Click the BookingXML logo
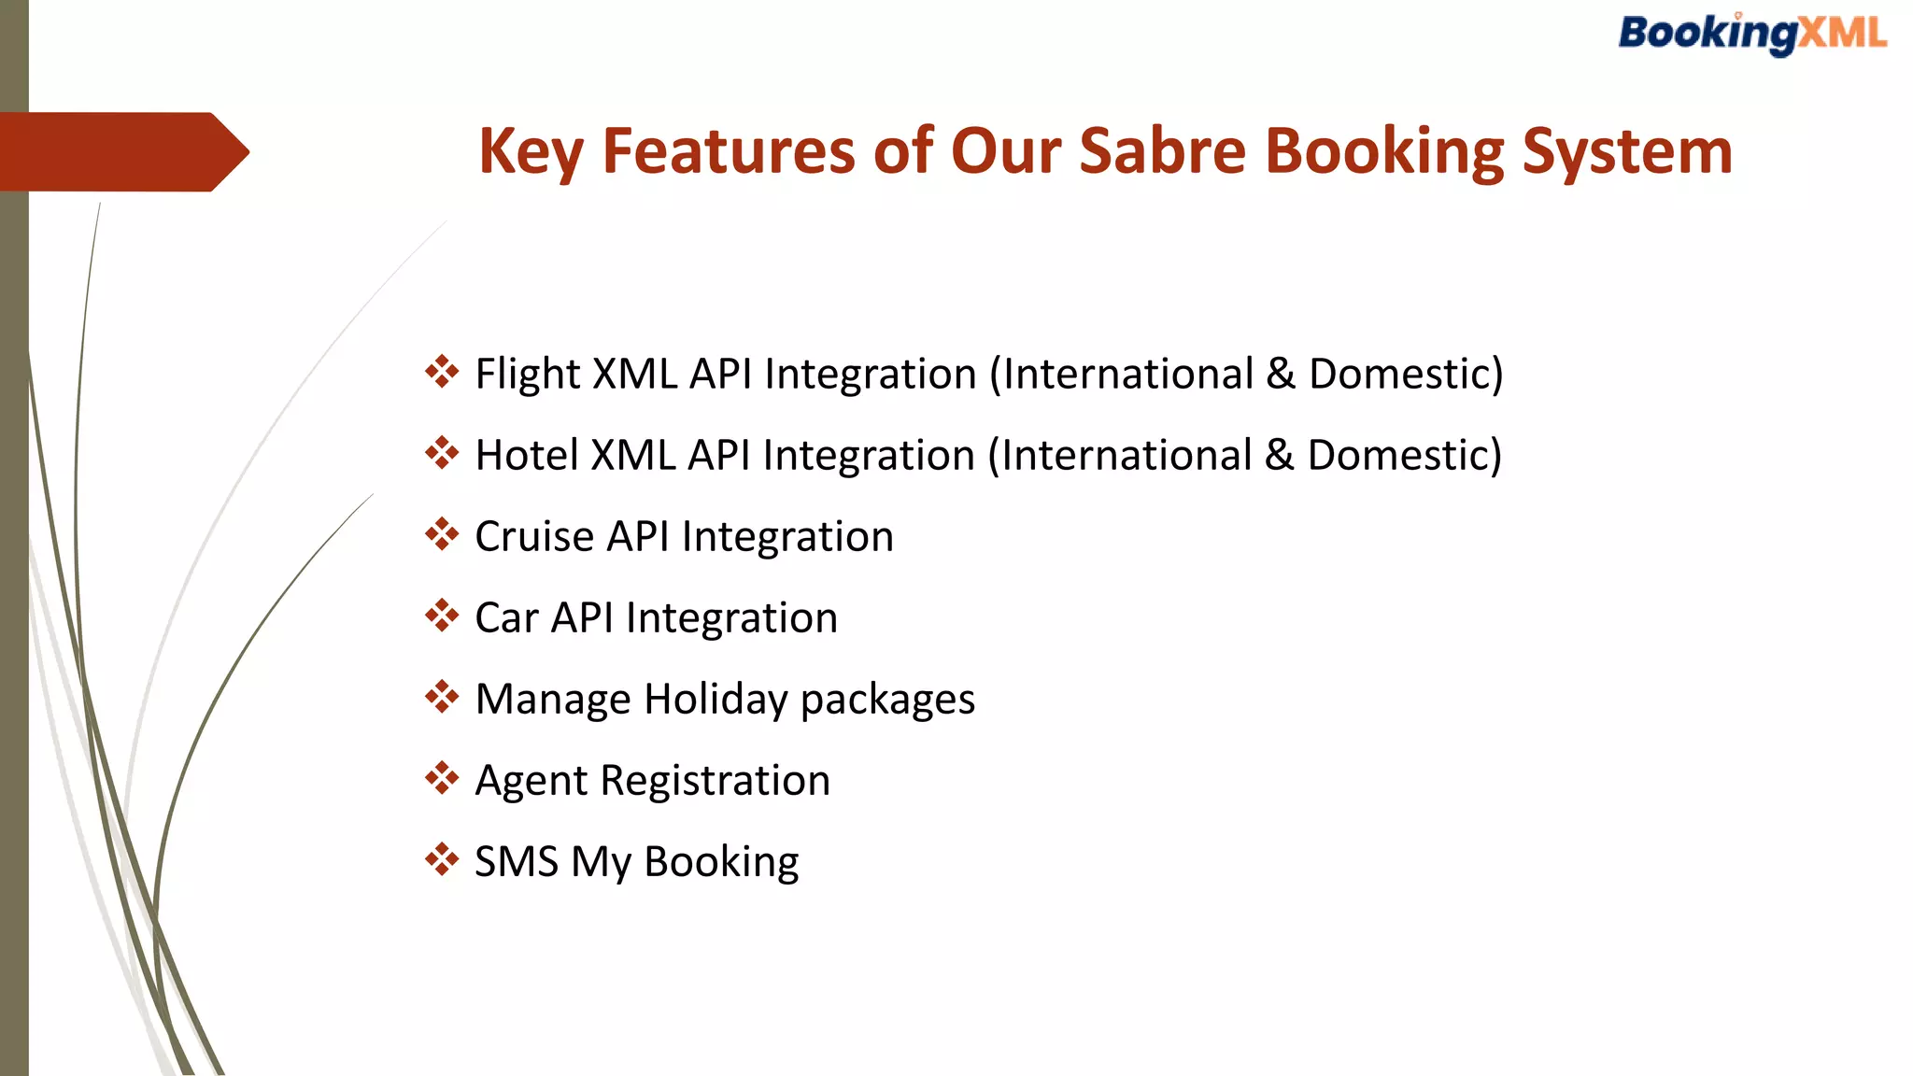click(x=1752, y=35)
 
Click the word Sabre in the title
click(x=1162, y=151)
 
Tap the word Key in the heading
click(x=530, y=151)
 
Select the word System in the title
click(x=1627, y=151)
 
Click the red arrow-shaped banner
click(x=121, y=152)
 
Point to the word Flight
click(x=528, y=374)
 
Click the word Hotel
click(x=526, y=455)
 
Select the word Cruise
click(x=534, y=536)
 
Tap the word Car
click(x=506, y=617)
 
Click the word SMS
click(x=516, y=861)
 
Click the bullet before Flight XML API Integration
click(x=442, y=372)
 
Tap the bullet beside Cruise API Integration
click(x=442, y=534)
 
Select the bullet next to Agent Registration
click(x=442, y=778)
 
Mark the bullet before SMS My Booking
click(x=442, y=859)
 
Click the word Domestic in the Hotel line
click(x=1397, y=455)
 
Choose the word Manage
click(x=553, y=699)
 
